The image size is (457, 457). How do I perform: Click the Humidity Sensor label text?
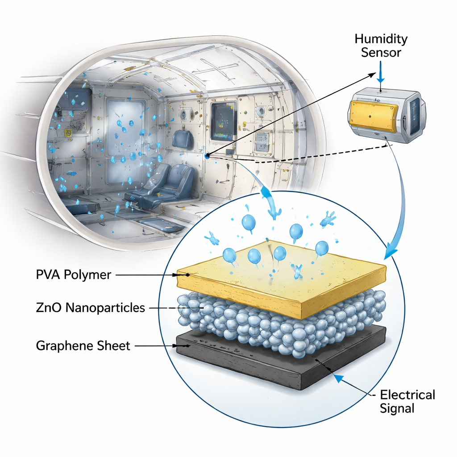coord(381,46)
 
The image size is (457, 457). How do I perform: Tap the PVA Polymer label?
coord(74,274)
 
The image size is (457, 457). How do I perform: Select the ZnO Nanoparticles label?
coord(90,307)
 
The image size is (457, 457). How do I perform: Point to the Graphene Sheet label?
coord(83,346)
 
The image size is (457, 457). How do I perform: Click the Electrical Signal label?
coord(407,401)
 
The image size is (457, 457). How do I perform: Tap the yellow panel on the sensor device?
coord(374,116)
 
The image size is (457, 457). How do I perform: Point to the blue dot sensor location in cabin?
coord(207,156)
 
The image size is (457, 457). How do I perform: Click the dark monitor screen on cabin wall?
coord(223,120)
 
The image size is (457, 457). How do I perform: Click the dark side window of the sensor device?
coord(415,116)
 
